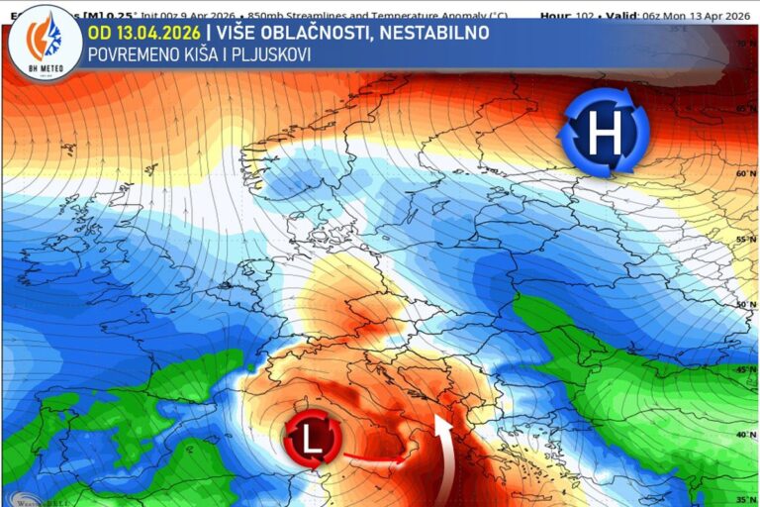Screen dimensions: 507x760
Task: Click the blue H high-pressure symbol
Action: (x=604, y=132)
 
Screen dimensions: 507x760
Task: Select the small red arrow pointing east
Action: (x=375, y=458)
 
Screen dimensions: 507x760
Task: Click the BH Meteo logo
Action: (x=43, y=43)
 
